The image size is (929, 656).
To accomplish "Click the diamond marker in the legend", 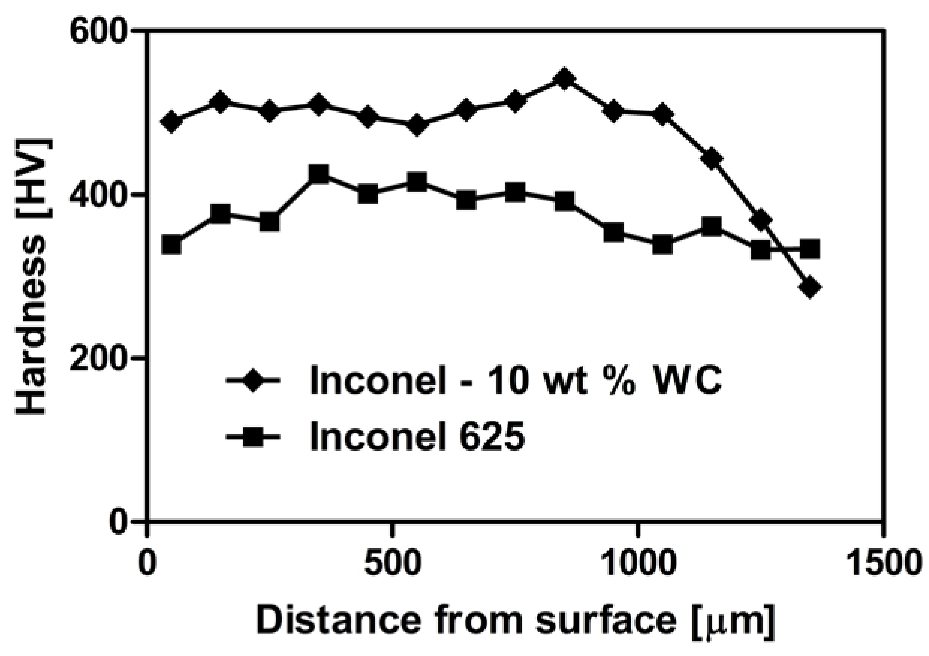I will [x=253, y=380].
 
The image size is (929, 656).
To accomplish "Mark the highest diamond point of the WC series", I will [x=565, y=79].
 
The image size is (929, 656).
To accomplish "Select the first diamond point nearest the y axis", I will [x=171, y=122].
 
